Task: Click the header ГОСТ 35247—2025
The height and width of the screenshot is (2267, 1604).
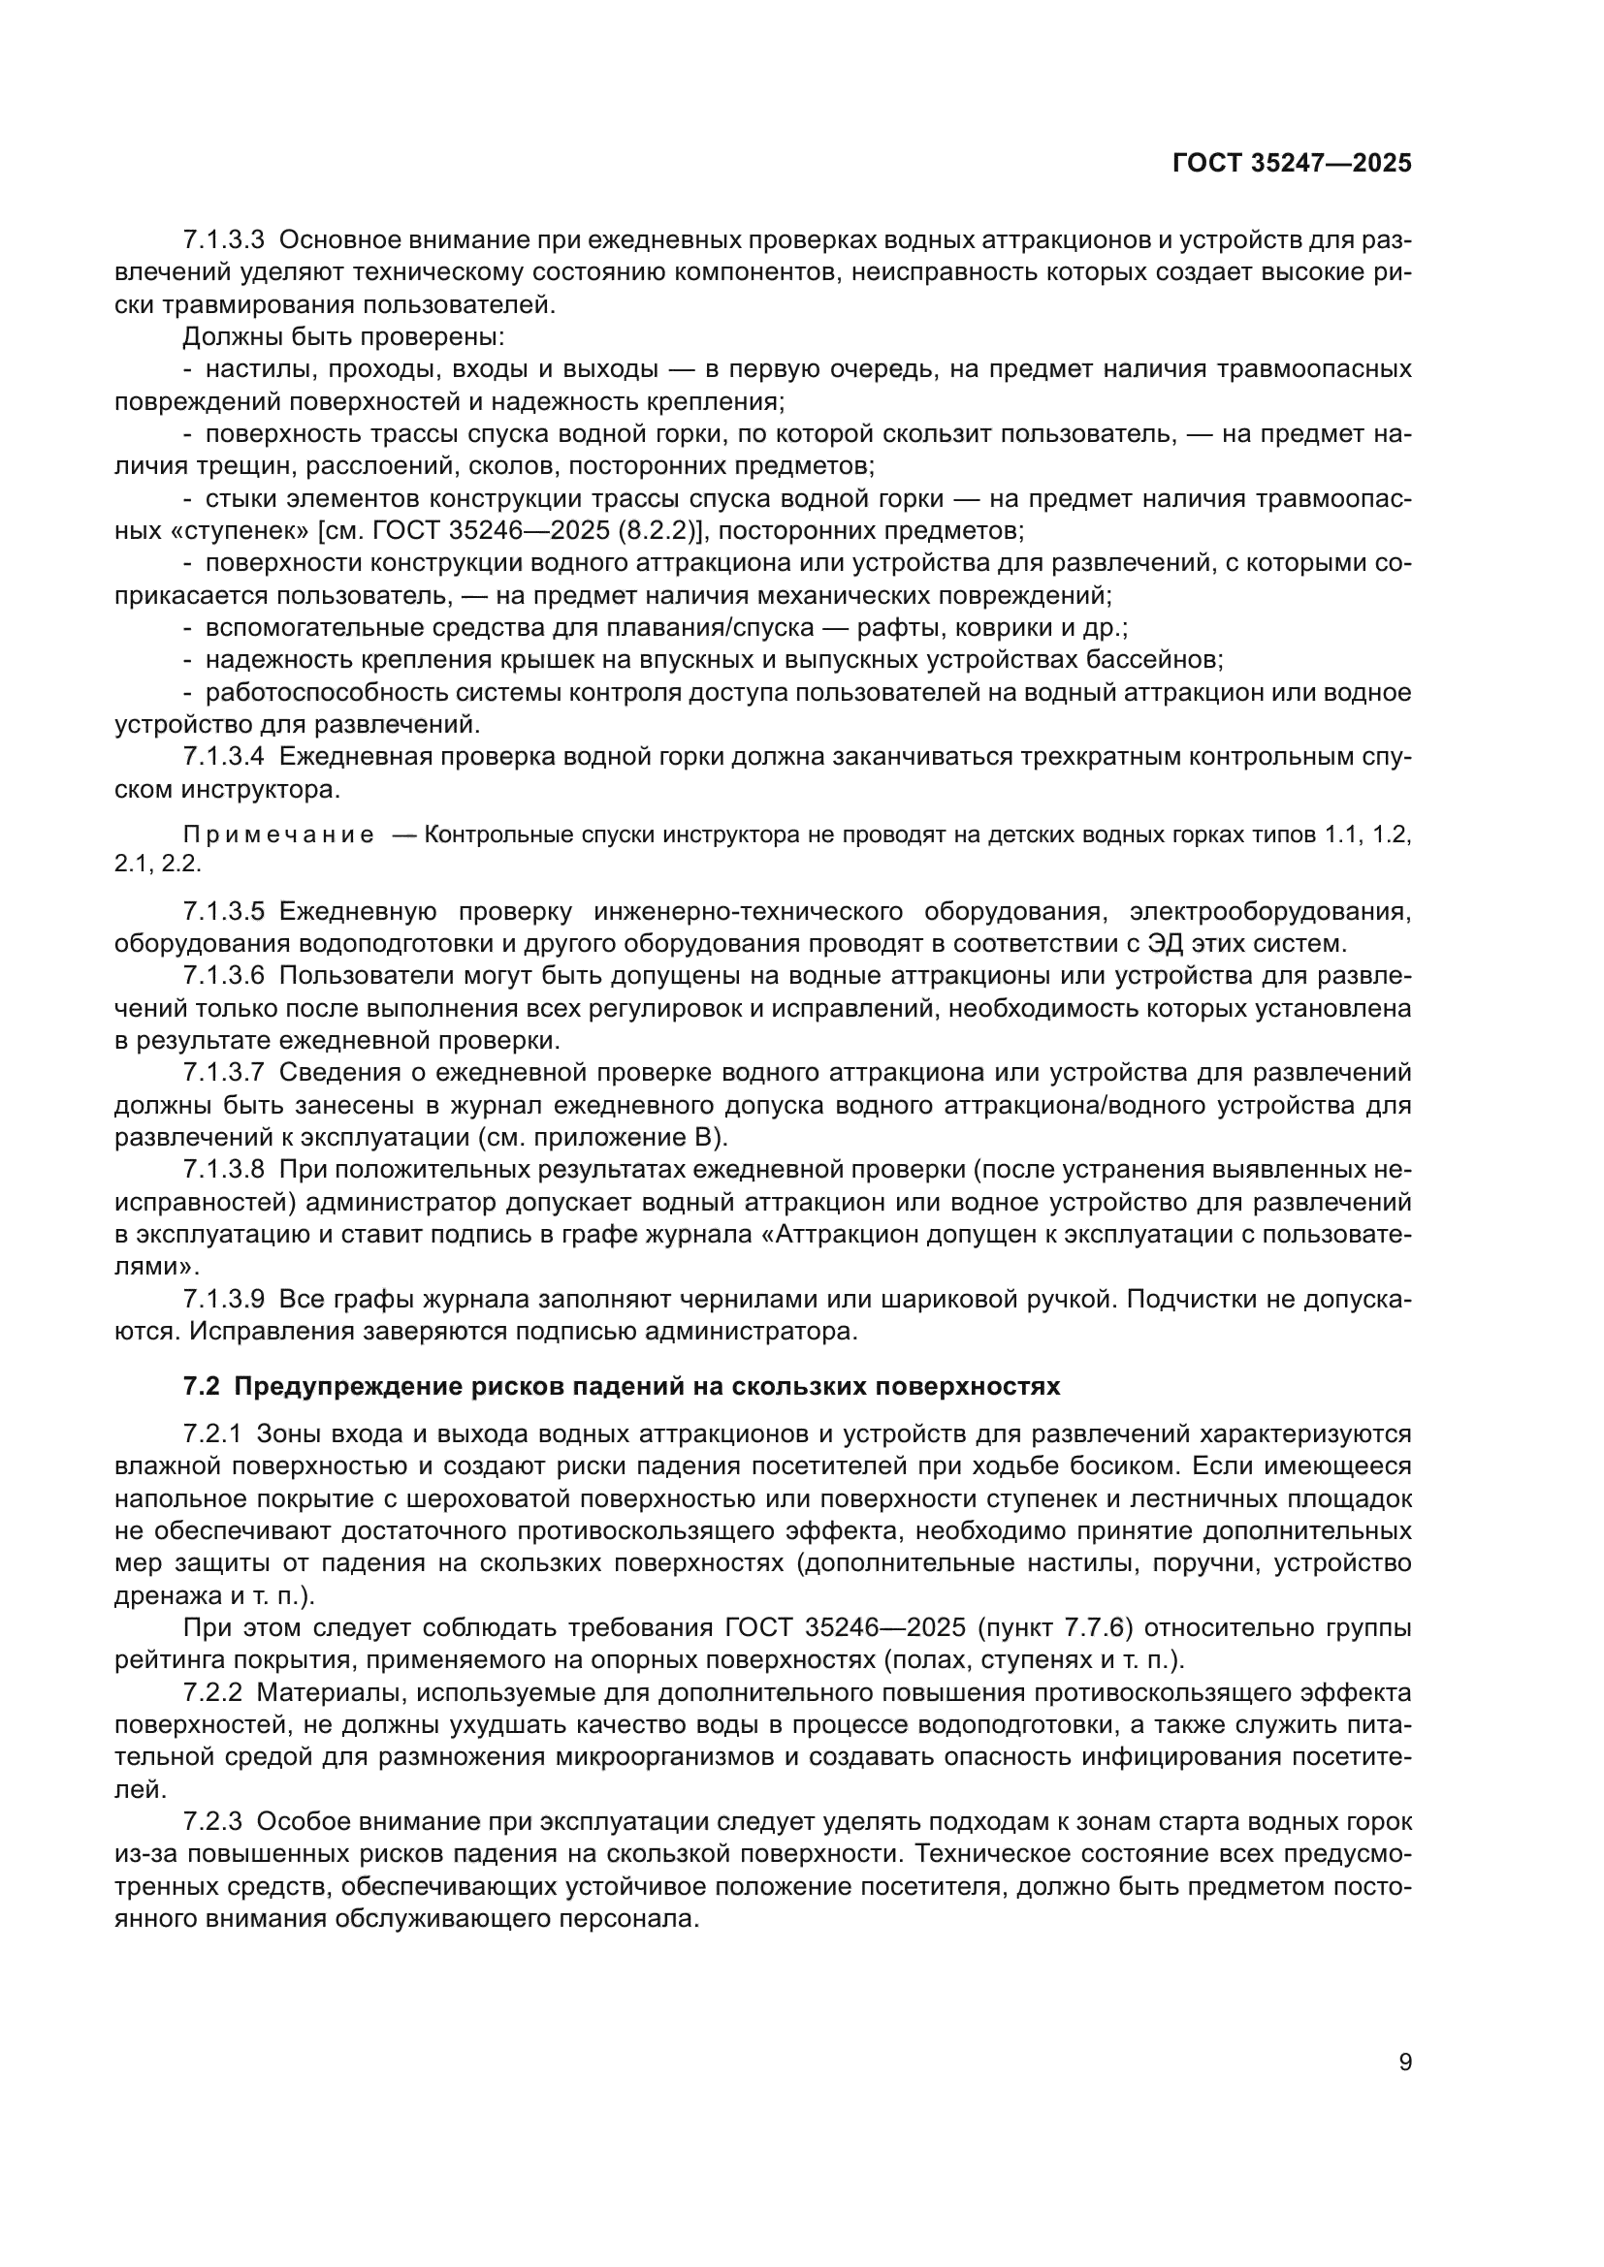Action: point(1292,163)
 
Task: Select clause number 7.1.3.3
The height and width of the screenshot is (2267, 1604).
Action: point(224,240)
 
